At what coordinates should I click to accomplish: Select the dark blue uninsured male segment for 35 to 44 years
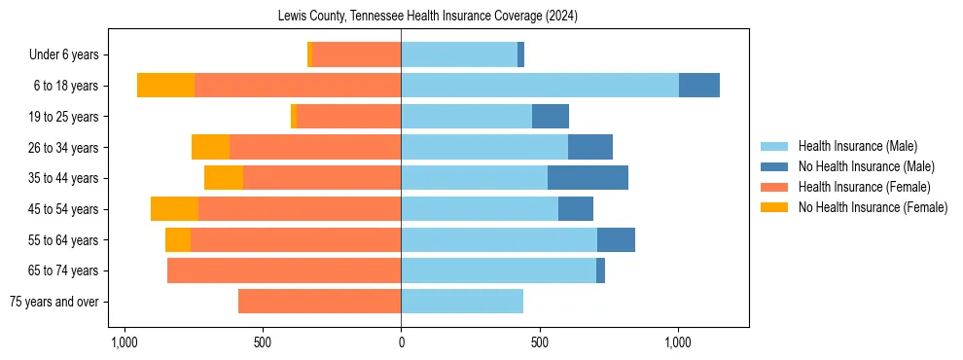(x=588, y=178)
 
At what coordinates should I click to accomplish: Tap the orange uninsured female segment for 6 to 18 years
(x=165, y=86)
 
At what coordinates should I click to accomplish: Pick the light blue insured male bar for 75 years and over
(x=462, y=302)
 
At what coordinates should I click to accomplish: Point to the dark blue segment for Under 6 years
(x=520, y=54)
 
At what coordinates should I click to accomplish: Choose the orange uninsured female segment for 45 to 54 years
(x=174, y=209)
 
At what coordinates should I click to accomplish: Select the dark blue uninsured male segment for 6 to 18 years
(x=699, y=86)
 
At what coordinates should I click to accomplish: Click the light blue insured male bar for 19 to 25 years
(x=466, y=117)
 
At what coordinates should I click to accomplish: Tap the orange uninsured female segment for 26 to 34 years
(x=210, y=147)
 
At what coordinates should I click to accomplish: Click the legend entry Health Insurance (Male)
(x=857, y=146)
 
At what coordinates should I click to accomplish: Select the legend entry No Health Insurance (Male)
(x=866, y=166)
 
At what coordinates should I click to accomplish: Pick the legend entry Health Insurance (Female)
(x=864, y=187)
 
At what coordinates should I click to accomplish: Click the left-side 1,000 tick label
(x=124, y=342)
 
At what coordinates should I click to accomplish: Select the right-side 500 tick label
(x=540, y=342)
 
